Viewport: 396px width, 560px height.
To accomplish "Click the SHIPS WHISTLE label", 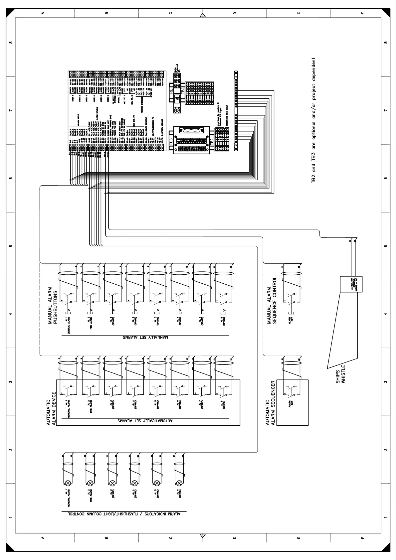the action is click(x=341, y=374).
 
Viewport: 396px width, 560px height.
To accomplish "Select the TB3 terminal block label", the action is click(x=171, y=140).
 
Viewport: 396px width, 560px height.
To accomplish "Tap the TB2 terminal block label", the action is click(x=212, y=140).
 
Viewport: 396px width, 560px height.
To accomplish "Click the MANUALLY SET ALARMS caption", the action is click(x=145, y=337).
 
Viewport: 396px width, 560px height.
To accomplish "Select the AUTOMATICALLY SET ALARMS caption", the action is click(x=145, y=421).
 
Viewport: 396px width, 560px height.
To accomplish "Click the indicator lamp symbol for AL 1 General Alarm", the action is click(x=68, y=483).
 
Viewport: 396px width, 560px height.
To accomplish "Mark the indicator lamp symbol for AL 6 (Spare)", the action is click(x=179, y=483).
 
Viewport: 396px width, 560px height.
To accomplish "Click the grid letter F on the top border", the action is click(x=362, y=13).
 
